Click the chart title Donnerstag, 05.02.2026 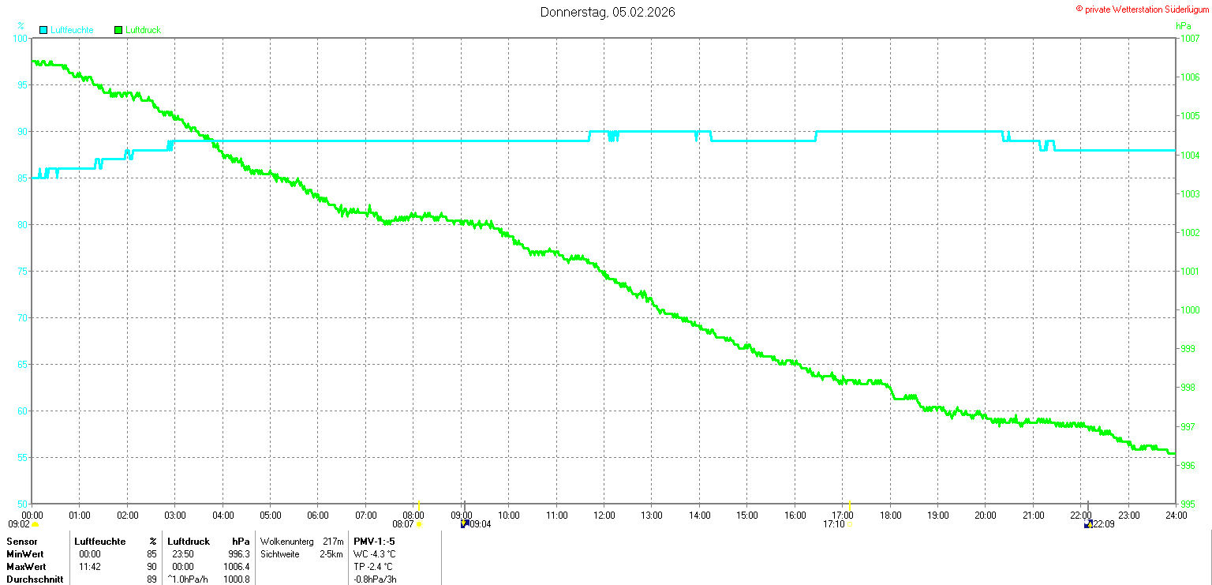point(607,12)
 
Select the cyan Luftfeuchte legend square point(43,30)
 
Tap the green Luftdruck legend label point(143,30)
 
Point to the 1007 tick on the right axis point(1190,39)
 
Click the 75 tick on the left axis point(22,271)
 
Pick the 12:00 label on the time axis point(604,516)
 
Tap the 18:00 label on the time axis point(890,516)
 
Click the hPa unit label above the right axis point(1184,26)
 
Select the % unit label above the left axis point(21,25)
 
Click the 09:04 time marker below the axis point(481,524)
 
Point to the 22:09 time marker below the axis point(1104,524)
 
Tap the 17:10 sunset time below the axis point(834,524)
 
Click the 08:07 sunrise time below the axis point(403,524)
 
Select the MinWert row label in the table point(25,554)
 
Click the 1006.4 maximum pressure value point(237,567)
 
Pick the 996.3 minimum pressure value point(239,554)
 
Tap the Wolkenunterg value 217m point(333,541)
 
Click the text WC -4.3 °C point(375,554)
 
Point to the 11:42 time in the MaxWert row point(90,567)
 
